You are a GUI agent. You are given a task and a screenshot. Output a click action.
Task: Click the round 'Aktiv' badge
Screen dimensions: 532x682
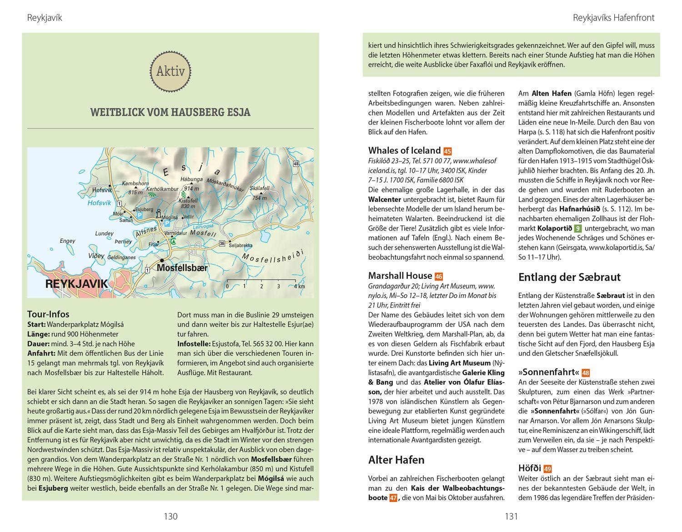coord(170,71)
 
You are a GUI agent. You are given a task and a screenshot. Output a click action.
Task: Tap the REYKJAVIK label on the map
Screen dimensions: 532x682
coord(77,284)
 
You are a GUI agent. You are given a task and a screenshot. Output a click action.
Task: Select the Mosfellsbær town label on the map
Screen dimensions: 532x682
coord(182,268)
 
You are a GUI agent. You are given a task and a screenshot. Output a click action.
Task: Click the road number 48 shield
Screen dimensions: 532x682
coord(296,164)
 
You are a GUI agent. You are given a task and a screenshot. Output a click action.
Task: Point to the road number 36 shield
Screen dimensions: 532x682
coord(222,244)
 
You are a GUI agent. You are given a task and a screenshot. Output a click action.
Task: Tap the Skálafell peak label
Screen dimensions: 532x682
coord(259,188)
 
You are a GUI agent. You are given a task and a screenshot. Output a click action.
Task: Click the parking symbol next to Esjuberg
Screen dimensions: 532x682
coord(139,215)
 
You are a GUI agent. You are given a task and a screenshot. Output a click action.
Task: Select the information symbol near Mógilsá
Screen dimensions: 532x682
coord(159,213)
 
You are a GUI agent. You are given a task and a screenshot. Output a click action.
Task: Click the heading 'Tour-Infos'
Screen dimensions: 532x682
coord(48,314)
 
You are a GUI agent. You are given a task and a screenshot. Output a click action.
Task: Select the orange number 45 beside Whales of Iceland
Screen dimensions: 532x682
coord(447,151)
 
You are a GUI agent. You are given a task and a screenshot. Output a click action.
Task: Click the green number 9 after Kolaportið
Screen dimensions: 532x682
coord(578,229)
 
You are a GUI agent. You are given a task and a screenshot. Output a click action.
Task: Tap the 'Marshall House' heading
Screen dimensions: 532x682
coord(400,276)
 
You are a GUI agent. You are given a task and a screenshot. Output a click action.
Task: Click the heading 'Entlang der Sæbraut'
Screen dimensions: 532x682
coord(569,277)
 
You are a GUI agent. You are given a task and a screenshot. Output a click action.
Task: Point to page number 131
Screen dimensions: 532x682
coord(511,516)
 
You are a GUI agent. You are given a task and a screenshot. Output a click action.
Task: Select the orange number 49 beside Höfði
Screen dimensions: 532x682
coord(547,469)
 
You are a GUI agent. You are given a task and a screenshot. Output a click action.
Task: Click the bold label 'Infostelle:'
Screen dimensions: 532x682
coord(194,344)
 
